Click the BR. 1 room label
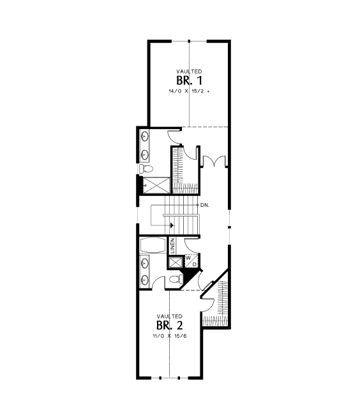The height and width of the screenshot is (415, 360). click(189, 80)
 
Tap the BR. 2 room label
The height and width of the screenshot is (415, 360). click(170, 325)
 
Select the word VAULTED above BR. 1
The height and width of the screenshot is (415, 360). click(189, 72)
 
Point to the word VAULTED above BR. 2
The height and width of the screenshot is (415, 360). click(170, 316)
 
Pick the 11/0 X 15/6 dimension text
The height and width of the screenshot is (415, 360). click(170, 336)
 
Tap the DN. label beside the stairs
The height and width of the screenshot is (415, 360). click(205, 205)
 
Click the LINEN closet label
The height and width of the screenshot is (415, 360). click(172, 246)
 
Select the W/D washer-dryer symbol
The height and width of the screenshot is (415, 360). click(191, 260)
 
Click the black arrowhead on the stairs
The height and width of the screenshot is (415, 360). click(172, 225)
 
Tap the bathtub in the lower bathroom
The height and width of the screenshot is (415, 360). click(154, 245)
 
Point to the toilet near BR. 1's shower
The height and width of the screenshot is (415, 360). click(146, 169)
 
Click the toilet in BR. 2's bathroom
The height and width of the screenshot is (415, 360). click(176, 279)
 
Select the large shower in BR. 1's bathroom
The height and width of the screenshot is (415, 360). click(156, 185)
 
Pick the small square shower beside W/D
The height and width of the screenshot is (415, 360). click(176, 262)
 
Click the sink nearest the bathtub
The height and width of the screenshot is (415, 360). click(145, 263)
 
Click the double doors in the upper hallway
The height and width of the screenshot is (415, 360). click(214, 161)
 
